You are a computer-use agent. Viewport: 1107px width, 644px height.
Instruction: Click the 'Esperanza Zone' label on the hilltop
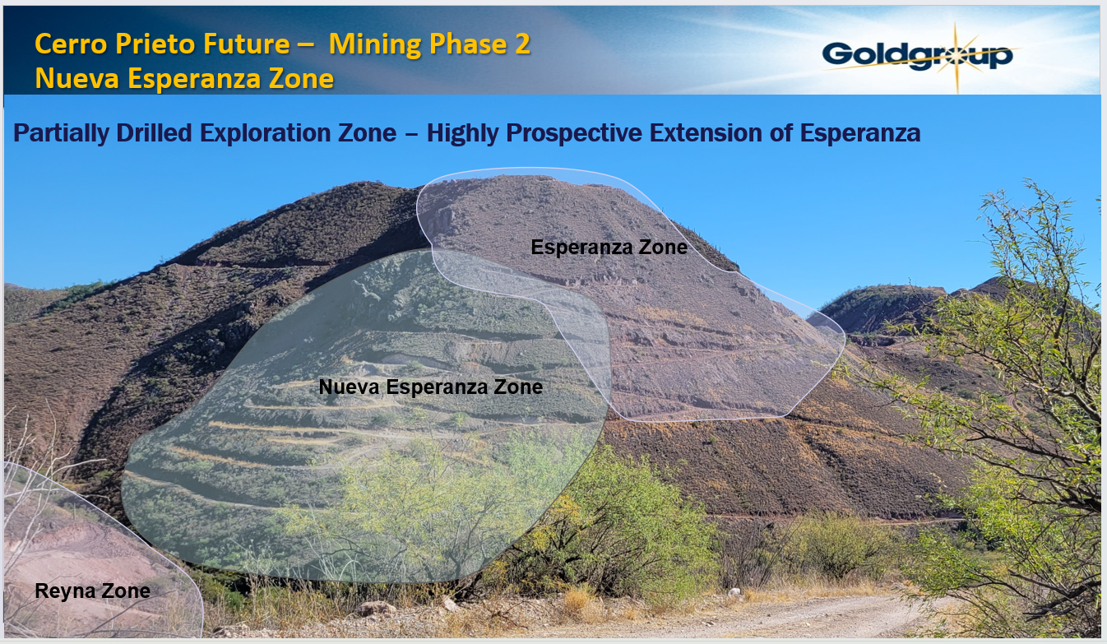coord(609,247)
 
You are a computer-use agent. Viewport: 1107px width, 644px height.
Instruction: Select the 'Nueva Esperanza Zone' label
coord(430,387)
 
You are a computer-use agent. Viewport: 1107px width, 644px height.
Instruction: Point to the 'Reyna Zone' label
coord(92,591)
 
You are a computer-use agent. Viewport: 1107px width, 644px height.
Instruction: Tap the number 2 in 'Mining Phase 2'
coord(521,45)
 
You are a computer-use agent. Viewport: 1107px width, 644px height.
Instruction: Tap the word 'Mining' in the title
coord(376,45)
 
